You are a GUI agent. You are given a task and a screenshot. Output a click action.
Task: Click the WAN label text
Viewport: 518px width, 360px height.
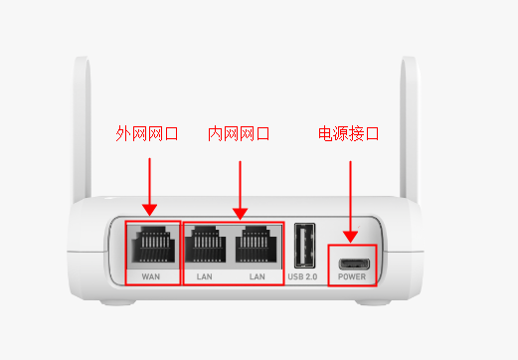tap(151, 276)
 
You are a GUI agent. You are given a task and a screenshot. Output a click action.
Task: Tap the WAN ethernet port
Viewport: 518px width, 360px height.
tap(153, 245)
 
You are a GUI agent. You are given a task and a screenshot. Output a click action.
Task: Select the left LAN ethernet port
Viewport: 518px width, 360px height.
tap(205, 245)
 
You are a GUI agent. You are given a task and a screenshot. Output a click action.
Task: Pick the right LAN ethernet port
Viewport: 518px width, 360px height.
tap(256, 245)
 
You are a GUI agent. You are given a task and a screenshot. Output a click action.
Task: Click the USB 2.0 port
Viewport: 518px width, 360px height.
tap(304, 246)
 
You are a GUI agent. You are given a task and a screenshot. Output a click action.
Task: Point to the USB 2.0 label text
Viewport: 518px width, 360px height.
tap(302, 276)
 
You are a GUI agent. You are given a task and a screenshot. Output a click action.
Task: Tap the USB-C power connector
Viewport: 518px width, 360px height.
tap(354, 265)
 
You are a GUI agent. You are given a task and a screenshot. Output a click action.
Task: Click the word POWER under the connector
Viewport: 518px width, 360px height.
tap(352, 276)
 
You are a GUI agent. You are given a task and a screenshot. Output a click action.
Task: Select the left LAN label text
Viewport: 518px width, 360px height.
tap(204, 276)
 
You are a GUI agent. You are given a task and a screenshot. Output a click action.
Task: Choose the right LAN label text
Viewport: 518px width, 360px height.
tap(258, 276)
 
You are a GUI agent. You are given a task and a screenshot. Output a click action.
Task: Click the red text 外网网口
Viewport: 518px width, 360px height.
tap(147, 133)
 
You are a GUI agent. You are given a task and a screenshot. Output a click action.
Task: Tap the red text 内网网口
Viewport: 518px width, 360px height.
tap(239, 133)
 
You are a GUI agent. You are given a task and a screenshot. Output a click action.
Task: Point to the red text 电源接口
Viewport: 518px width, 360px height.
tap(349, 133)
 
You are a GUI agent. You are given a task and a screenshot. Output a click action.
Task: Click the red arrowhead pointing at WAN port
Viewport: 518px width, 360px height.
tap(149, 210)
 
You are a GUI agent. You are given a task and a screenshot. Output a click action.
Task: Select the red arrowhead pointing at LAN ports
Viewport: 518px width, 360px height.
tap(241, 214)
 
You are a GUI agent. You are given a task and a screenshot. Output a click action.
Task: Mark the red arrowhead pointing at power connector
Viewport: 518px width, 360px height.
tap(350, 237)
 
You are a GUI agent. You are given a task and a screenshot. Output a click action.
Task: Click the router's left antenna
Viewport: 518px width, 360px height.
tap(82, 129)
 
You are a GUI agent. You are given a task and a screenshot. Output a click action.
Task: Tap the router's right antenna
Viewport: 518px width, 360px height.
tap(409, 129)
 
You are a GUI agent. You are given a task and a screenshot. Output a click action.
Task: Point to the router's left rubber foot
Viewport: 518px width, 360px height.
tap(118, 302)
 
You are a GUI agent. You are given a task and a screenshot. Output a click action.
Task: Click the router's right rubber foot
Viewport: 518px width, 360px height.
tap(374, 302)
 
